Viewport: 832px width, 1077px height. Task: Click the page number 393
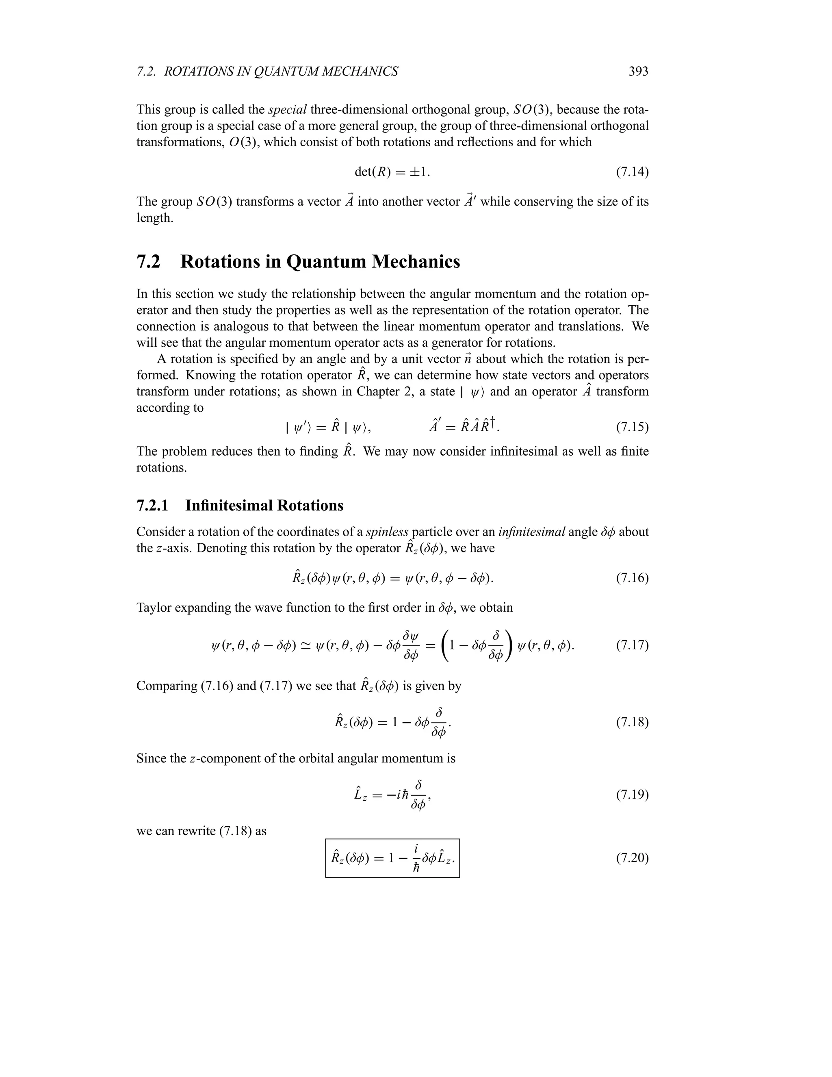pos(638,72)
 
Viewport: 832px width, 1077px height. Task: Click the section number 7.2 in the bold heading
pos(148,262)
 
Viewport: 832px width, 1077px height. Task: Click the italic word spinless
pos(387,532)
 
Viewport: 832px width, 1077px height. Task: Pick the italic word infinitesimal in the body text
pos(531,532)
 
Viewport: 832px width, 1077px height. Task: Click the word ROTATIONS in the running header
pos(199,72)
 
